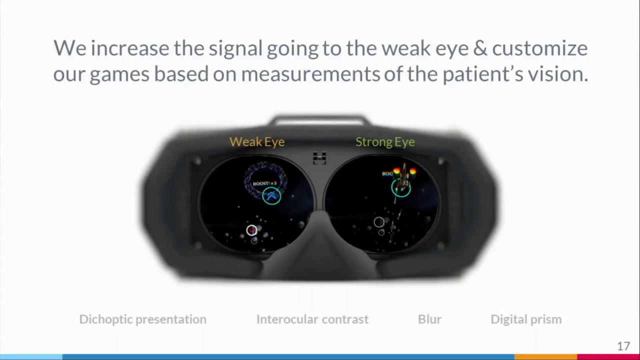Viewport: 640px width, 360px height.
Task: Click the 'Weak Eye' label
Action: tap(257, 141)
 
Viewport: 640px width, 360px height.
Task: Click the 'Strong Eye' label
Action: tap(385, 141)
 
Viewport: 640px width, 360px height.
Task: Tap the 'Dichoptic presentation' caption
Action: tap(142, 319)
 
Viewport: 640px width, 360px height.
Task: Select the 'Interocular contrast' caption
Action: tap(312, 319)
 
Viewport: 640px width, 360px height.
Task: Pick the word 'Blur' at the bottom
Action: tap(429, 319)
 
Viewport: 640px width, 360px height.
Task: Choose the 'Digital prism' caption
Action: tap(526, 319)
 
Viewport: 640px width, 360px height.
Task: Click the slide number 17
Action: tap(623, 346)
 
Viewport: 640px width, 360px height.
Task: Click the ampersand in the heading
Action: tap(479, 48)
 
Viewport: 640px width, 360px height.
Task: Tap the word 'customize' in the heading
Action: tap(540, 48)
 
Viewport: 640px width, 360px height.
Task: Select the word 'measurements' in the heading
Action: tap(310, 74)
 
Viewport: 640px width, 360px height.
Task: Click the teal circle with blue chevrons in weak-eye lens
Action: tap(271, 195)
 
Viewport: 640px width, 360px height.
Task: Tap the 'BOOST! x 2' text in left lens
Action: tap(264, 183)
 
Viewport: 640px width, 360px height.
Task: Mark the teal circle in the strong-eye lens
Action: tap(401, 188)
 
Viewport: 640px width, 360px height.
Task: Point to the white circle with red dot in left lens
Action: tap(251, 230)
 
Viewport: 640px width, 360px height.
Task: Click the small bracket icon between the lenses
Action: tap(319, 158)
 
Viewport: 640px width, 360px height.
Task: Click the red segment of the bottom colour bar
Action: tap(608, 357)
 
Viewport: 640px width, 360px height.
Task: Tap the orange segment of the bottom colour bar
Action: tap(545, 357)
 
